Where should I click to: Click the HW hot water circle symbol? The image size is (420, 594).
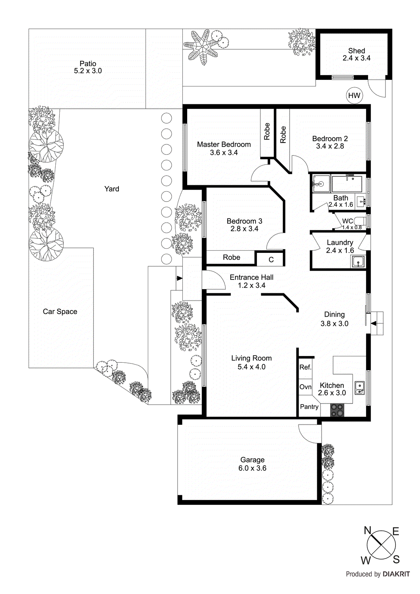click(354, 96)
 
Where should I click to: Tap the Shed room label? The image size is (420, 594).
click(356, 51)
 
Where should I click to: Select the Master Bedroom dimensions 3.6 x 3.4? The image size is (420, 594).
click(224, 153)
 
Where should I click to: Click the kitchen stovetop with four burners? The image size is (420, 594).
click(337, 410)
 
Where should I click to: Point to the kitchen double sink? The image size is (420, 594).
click(359, 388)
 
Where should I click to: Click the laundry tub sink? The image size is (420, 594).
click(358, 262)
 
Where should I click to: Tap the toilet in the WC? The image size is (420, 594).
click(361, 222)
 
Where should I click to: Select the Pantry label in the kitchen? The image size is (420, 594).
click(309, 407)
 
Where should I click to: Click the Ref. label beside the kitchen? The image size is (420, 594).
click(305, 367)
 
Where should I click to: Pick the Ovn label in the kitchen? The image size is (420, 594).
click(305, 387)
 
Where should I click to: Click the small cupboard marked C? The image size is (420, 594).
click(271, 260)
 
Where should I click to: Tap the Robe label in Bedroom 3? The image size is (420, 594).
click(231, 257)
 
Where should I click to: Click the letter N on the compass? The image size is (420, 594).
click(367, 530)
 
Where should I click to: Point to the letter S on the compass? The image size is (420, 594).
click(396, 559)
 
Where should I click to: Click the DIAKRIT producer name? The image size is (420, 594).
click(396, 574)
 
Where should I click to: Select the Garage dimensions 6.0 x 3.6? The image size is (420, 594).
click(252, 468)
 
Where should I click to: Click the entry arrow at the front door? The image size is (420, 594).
click(179, 278)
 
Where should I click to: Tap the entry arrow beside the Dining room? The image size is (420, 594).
click(374, 323)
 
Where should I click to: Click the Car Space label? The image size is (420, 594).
click(60, 311)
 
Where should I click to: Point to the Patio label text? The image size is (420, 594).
click(88, 63)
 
